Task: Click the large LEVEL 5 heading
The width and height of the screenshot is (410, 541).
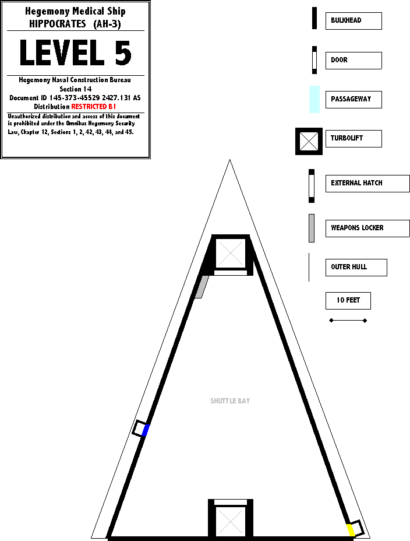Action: point(75,53)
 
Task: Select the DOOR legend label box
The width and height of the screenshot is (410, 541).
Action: point(353,60)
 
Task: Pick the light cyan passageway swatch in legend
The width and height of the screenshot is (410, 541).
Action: point(314,99)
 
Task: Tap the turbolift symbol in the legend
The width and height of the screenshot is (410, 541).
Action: point(309,141)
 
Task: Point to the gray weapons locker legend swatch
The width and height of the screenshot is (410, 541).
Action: point(312,228)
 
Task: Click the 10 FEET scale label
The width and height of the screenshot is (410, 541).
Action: point(348,301)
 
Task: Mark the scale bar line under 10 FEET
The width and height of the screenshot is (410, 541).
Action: point(348,320)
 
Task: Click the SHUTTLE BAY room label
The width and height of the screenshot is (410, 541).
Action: point(230,401)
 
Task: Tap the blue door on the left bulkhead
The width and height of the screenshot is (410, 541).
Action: point(146,430)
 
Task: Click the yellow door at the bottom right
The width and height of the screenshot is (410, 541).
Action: point(351,530)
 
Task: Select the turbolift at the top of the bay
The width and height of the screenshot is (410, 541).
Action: point(231,254)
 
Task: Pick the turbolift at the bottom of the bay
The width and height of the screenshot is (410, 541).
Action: point(231,520)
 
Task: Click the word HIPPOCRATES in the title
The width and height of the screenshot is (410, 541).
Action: point(58,24)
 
